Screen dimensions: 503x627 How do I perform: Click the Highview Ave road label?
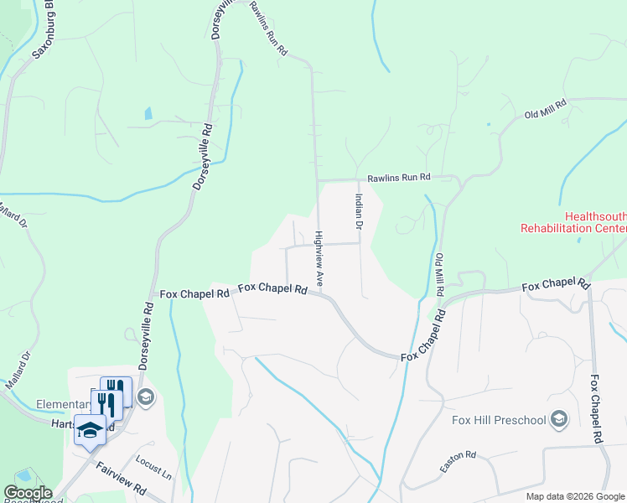point(319,256)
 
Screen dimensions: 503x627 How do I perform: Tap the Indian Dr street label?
point(358,212)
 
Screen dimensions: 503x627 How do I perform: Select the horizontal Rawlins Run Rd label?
point(398,177)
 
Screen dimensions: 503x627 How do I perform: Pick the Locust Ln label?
point(153,468)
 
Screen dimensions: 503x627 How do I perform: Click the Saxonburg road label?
point(43,29)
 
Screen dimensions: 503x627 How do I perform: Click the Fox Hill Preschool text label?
point(498,419)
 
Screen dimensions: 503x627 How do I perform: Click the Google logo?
point(27,493)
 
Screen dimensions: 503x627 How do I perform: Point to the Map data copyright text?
point(576,496)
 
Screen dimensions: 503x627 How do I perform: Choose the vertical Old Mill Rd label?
point(439,274)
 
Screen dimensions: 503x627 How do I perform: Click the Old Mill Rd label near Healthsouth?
point(546,108)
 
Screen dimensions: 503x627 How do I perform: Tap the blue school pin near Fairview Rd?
point(90,430)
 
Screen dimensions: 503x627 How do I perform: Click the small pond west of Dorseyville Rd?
point(148,113)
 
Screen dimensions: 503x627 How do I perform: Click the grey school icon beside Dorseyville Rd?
point(145,397)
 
